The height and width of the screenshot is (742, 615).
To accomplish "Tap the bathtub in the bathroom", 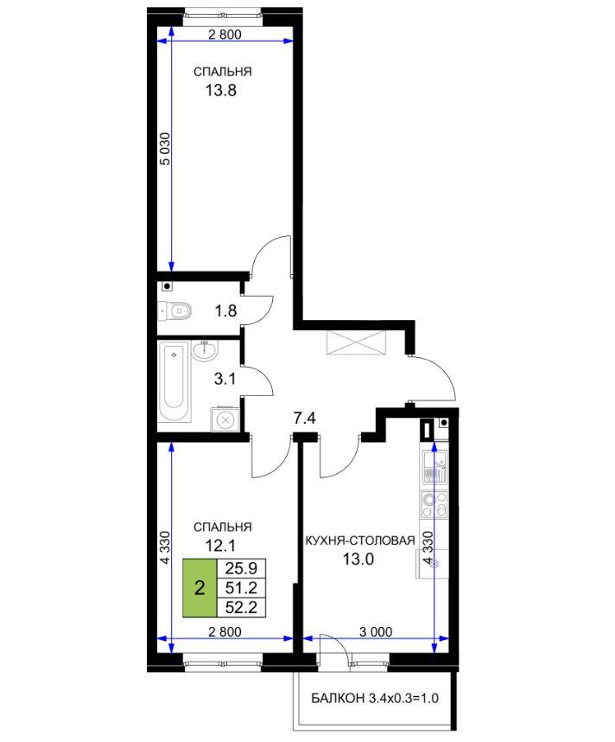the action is pyautogui.click(x=174, y=382).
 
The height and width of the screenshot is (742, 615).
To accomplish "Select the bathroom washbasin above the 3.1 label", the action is pyautogui.click(x=206, y=350).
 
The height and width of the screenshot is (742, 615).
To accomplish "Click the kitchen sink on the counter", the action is pyautogui.click(x=434, y=467).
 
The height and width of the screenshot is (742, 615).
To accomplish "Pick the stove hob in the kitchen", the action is pyautogui.click(x=434, y=504).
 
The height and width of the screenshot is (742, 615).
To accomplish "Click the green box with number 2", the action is pyautogui.click(x=200, y=588).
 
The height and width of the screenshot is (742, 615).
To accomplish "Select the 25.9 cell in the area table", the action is pyautogui.click(x=241, y=568).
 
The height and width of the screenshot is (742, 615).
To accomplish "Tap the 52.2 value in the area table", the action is pyautogui.click(x=241, y=608).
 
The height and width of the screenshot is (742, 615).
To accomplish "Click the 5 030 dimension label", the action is pyautogui.click(x=165, y=149).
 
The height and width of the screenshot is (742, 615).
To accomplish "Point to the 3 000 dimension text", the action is pyautogui.click(x=376, y=632).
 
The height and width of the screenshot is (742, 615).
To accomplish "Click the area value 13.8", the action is pyautogui.click(x=221, y=90).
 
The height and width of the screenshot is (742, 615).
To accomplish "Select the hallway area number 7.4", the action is pyautogui.click(x=304, y=419).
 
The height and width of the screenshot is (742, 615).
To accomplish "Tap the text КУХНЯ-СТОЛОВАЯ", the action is pyautogui.click(x=360, y=541).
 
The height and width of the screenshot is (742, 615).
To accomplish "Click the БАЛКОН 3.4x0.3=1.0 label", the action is pyautogui.click(x=375, y=698).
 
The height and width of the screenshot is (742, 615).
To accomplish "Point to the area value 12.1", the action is pyautogui.click(x=220, y=546).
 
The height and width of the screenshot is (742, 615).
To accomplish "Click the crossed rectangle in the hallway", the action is pyautogui.click(x=357, y=342).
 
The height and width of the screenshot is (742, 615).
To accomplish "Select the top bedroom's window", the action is pyautogui.click(x=223, y=17).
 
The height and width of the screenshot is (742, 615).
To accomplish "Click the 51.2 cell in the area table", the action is pyautogui.click(x=241, y=588).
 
